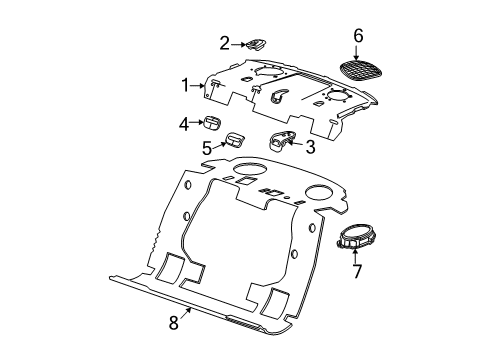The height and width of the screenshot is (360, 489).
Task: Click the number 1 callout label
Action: pos(184,86)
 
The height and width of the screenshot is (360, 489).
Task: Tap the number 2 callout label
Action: pos(225,42)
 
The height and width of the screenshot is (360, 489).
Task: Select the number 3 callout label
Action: pos(311,148)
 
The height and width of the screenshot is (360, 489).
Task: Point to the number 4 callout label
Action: pos(185,124)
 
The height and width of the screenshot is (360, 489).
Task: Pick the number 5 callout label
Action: pos(208,147)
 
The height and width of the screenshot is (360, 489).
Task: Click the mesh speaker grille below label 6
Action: pos(358,69)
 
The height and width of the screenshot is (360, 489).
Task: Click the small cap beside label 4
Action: pos(213,124)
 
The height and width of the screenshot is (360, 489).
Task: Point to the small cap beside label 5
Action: pos(236,140)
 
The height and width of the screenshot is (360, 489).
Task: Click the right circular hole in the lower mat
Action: pos(319,191)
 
